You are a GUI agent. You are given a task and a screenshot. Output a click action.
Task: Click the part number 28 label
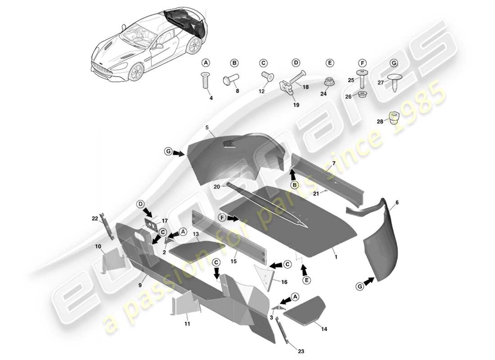[379, 121]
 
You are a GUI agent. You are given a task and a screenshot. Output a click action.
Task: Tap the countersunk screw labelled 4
[206, 82]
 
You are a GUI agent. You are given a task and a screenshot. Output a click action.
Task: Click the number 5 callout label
[207, 127]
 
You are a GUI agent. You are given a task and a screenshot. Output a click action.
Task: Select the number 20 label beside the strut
[217, 187]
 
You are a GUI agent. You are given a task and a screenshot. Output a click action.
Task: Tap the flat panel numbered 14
[305, 310]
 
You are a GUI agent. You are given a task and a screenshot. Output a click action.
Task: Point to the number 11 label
[187, 324]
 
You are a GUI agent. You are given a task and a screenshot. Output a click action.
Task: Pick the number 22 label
[94, 218]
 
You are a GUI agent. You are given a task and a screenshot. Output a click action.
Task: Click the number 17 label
[164, 220]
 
